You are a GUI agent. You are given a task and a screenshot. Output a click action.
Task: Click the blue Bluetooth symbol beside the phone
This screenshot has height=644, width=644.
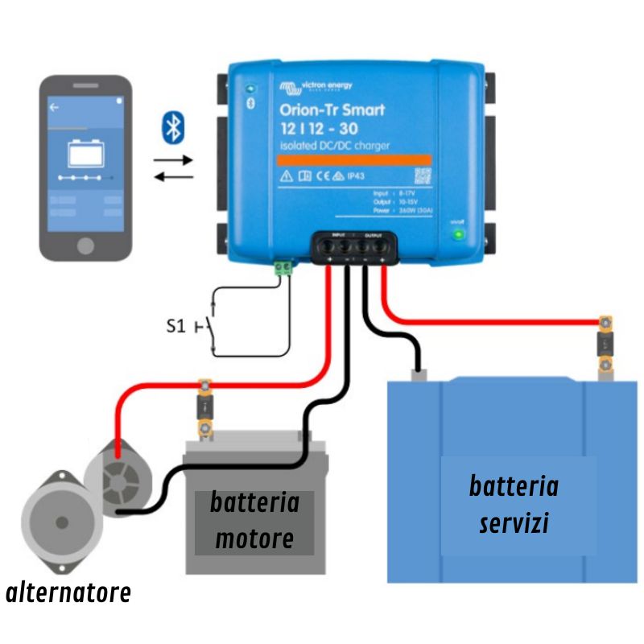pos(172,126)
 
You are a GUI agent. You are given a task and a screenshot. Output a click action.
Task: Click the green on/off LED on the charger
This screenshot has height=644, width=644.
pos(459,235)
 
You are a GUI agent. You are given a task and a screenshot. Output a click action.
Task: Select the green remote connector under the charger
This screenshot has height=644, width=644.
pos(282,268)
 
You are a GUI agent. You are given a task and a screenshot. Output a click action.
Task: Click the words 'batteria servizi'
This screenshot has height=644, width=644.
pos(514,505)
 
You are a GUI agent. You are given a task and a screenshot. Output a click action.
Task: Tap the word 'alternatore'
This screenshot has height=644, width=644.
pos(68,594)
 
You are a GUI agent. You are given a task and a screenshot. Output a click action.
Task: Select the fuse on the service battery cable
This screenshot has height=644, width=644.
pos(604,347)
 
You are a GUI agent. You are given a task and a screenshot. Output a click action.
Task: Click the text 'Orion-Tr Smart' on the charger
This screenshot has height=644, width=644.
pos(332,110)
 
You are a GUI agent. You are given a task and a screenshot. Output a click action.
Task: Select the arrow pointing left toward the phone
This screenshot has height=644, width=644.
pos(173,176)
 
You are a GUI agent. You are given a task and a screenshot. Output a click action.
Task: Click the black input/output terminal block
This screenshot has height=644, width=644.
pos(355,246)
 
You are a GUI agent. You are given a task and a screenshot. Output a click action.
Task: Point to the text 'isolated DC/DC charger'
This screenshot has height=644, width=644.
pos(334,145)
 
